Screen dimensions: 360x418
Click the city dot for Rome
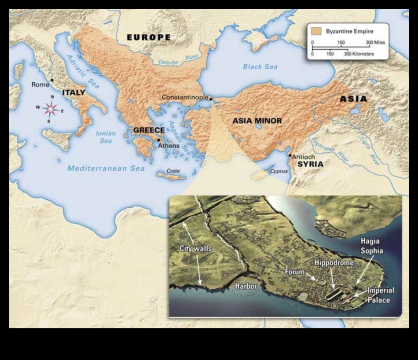[52, 80]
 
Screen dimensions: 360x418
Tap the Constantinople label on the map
[185, 97]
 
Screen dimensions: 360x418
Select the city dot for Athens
[158, 140]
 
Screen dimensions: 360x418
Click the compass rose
[51, 109]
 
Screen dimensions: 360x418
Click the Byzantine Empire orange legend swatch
[316, 32]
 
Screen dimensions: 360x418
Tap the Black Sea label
[260, 67]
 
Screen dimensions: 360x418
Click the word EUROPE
[148, 37]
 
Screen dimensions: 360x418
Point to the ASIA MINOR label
[257, 121]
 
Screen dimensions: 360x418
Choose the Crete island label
[173, 171]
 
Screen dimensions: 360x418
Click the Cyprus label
[278, 171]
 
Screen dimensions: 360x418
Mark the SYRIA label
[310, 164]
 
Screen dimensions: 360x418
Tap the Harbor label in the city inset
[246, 286]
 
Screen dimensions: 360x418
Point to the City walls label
[195, 249]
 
